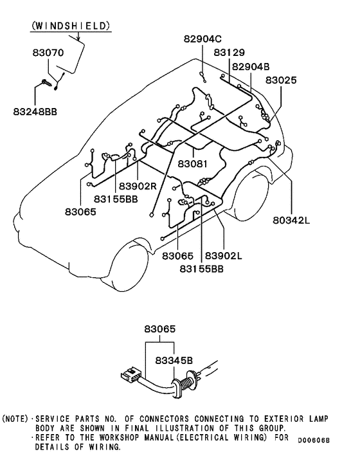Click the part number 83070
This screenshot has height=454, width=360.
pyautogui.click(x=48, y=53)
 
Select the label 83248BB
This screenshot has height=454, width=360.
pyautogui.click(x=35, y=111)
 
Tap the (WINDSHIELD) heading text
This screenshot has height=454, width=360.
pyautogui.click(x=71, y=26)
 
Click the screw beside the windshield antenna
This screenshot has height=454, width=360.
pyautogui.click(x=47, y=83)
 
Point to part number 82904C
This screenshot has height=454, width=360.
pyautogui.click(x=203, y=39)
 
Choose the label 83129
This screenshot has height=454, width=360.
pyautogui.click(x=230, y=52)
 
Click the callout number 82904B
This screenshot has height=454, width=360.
pyautogui.click(x=251, y=67)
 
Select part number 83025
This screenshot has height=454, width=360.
pyautogui.click(x=281, y=80)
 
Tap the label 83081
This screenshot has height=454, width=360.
pyautogui.click(x=193, y=164)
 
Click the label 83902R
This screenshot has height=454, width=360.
pyautogui.click(x=138, y=186)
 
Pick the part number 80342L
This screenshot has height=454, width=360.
pyautogui.click(x=291, y=221)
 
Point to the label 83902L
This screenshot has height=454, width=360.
pyautogui.click(x=224, y=256)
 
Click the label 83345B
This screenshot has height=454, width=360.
pyautogui.click(x=174, y=361)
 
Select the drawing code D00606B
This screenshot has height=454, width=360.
pyautogui.click(x=314, y=440)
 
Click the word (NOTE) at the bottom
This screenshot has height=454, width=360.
pyautogui.click(x=15, y=419)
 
